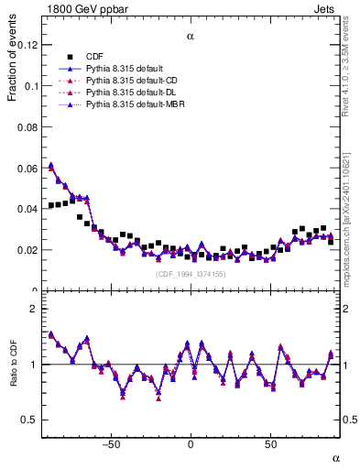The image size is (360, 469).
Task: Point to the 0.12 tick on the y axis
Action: [x=28, y=45]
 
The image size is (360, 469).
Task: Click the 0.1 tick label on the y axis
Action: [x=31, y=86]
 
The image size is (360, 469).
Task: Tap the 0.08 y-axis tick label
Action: [x=28, y=126]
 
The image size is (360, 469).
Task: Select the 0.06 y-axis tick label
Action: [x=28, y=168]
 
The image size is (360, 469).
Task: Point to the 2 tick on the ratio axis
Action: [x=36, y=309]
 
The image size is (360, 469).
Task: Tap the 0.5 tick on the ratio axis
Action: [x=31, y=420]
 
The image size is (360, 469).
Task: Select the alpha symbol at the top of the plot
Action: [x=191, y=38]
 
